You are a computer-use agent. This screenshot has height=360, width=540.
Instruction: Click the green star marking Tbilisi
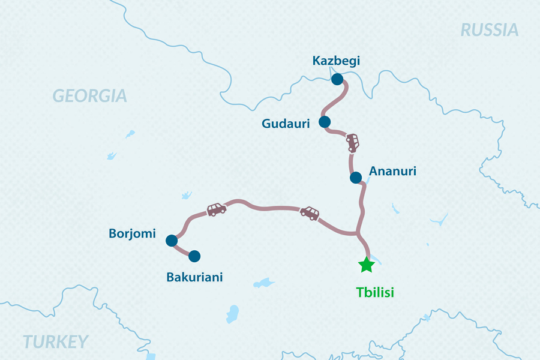point(366,265)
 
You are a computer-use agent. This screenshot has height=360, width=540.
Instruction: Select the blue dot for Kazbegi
point(337,79)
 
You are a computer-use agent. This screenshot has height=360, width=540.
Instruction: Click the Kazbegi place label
point(336,61)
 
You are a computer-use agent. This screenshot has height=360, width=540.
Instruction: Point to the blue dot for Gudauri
point(325,122)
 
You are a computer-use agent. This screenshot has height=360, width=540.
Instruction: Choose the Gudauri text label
point(286,124)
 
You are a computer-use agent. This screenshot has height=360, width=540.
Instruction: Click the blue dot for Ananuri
point(356,178)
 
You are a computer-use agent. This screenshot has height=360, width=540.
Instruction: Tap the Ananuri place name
point(392,172)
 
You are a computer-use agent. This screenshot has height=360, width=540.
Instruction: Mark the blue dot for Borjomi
point(171,241)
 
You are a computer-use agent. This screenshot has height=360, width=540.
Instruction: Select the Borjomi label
point(132,233)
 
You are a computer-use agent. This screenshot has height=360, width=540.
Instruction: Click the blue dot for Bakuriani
point(194,256)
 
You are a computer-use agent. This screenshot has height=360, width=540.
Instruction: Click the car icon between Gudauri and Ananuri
point(353,143)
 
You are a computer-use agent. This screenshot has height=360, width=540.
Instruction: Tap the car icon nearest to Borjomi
point(216,209)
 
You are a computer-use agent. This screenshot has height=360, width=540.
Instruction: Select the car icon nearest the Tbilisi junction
point(310,213)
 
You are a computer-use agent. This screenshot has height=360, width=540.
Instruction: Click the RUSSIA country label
point(489,30)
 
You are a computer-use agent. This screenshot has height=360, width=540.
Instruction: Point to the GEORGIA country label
point(90,95)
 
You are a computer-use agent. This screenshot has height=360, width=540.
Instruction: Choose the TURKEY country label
point(55,342)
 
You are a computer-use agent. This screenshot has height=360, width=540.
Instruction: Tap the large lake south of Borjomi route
point(232,313)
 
